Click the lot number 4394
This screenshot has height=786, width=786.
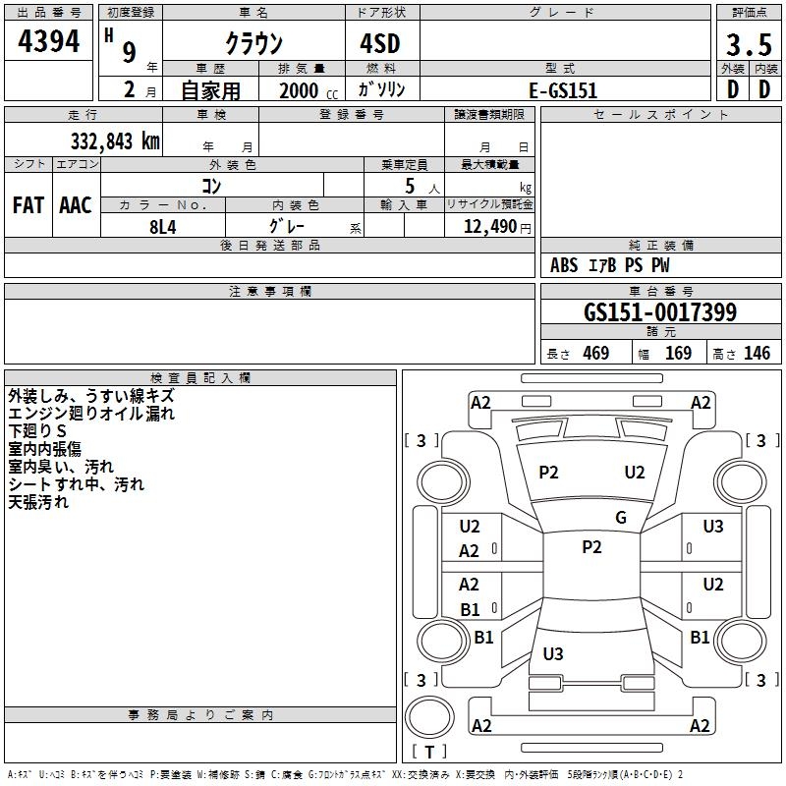(x=49, y=43)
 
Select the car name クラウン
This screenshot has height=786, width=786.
(x=253, y=44)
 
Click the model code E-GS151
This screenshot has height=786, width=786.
(x=563, y=89)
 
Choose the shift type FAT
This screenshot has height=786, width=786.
(x=28, y=205)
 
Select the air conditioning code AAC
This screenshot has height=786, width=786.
(x=75, y=205)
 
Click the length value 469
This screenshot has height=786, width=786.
(x=595, y=354)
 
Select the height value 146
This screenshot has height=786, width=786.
(x=757, y=354)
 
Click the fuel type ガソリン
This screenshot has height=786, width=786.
(x=381, y=89)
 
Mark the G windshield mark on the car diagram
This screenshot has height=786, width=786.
(x=620, y=518)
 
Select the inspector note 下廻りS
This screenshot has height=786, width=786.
(x=37, y=431)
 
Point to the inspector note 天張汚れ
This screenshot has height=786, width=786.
(x=38, y=502)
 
